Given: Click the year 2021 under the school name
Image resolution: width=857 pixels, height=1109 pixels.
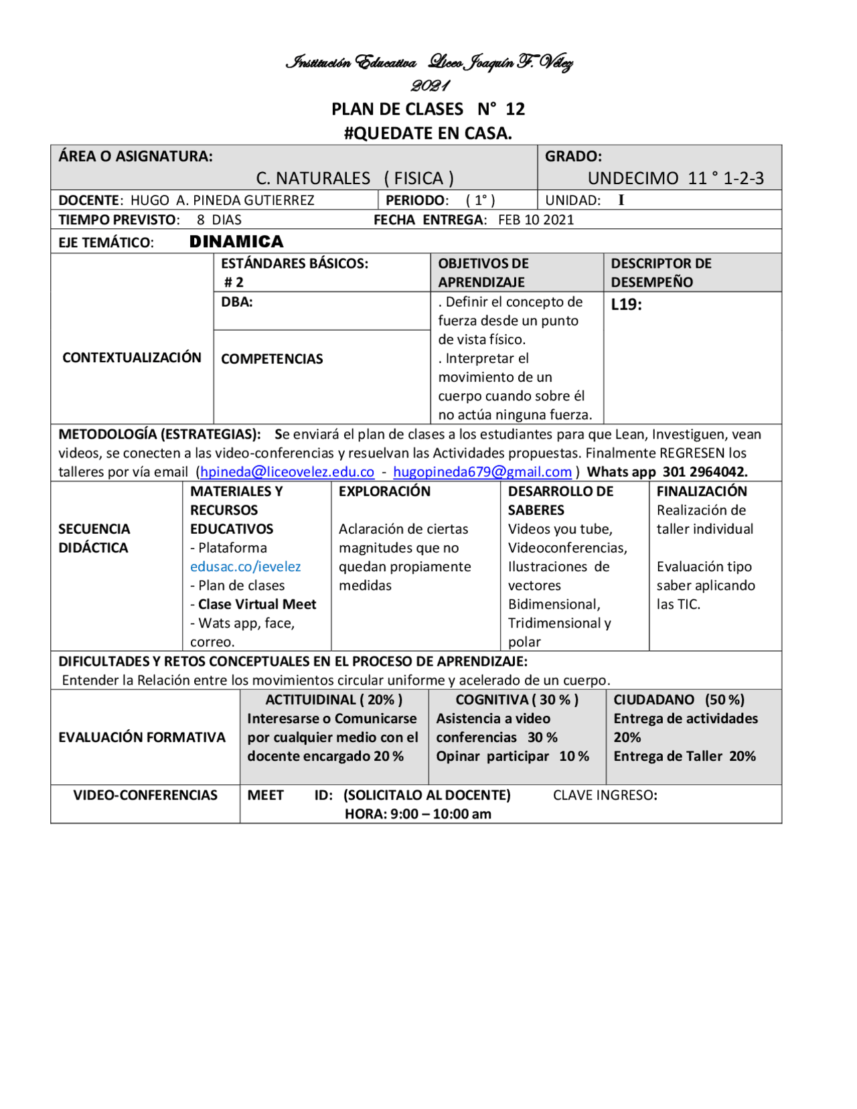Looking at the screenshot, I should [x=430, y=86].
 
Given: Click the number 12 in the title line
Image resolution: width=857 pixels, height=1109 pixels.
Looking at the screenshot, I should [x=515, y=109].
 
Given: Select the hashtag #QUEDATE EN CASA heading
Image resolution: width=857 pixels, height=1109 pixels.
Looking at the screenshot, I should [x=428, y=133].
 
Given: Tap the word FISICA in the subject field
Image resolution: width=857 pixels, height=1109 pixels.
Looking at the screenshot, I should [x=418, y=178].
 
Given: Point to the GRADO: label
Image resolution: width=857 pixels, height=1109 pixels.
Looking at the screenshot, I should [x=573, y=156].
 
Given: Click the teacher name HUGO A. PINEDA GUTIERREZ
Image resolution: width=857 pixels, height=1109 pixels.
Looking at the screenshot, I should [x=222, y=200].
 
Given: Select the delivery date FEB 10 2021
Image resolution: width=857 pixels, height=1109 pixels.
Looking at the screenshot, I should [x=536, y=220].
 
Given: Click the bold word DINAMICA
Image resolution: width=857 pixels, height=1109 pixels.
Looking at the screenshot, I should [x=236, y=242].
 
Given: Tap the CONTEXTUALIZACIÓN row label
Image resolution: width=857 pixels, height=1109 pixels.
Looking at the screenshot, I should [x=132, y=358].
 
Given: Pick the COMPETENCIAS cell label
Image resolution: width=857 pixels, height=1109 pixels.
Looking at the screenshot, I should [x=272, y=359].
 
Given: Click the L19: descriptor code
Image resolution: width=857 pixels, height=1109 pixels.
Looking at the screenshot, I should [x=626, y=305].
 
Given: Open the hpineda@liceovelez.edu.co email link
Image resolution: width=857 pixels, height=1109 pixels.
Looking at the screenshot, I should [x=287, y=472].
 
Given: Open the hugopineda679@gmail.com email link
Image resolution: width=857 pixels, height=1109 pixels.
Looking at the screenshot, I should [x=482, y=472].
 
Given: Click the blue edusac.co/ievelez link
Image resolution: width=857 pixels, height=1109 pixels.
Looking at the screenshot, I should [x=245, y=567].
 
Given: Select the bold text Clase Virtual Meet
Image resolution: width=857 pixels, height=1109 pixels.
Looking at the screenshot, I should [x=257, y=604].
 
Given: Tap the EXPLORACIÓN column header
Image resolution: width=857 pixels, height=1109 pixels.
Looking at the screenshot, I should [x=384, y=492].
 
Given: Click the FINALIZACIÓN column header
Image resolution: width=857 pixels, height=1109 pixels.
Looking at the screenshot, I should [x=701, y=492].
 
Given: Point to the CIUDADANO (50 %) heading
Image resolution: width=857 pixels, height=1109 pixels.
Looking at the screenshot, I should [x=678, y=700].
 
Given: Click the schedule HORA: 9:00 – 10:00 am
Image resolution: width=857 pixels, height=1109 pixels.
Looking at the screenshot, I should [x=418, y=814].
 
